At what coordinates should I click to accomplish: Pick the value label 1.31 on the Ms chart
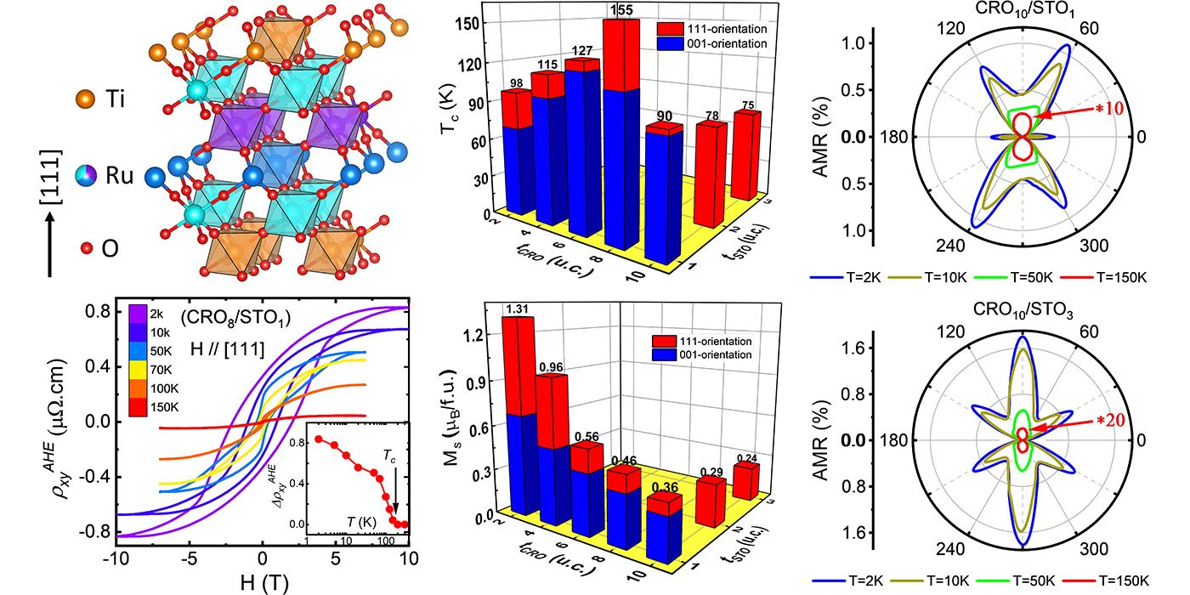coord(517,309)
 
